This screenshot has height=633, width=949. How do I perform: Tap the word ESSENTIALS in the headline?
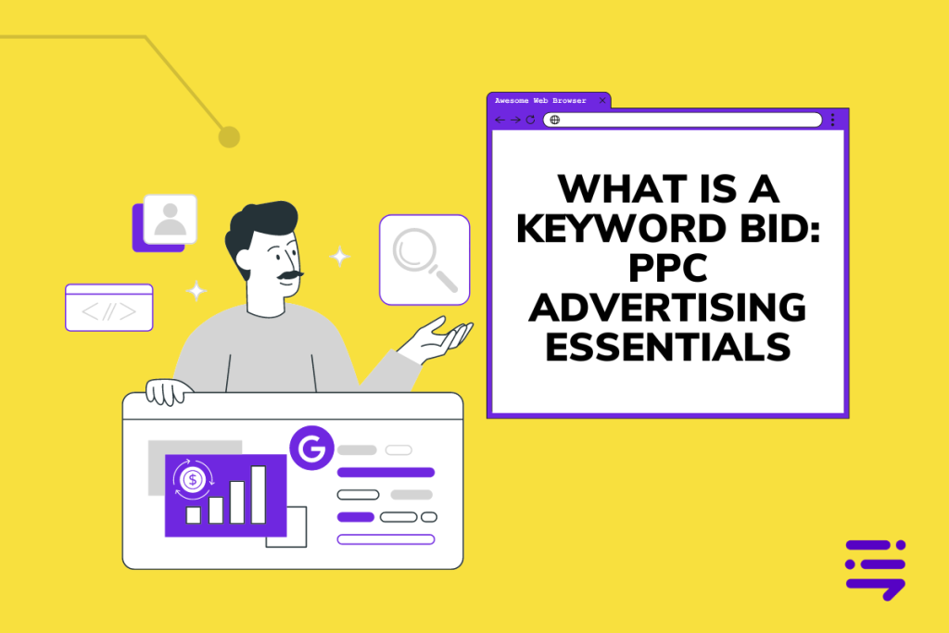[x=667, y=348]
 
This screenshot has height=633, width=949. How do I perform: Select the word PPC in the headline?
[x=667, y=269]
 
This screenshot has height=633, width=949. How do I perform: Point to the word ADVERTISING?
[x=667, y=308]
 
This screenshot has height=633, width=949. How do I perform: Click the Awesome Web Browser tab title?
[x=540, y=100]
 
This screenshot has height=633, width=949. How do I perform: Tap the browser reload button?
[x=531, y=120]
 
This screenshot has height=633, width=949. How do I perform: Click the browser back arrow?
[x=500, y=120]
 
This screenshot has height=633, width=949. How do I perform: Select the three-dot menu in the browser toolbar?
[x=832, y=120]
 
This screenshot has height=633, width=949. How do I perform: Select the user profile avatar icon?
[x=170, y=219]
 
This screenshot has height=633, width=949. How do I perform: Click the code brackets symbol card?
[x=108, y=308]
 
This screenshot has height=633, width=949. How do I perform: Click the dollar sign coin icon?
[x=193, y=479]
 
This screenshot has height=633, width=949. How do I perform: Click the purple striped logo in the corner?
[x=875, y=568]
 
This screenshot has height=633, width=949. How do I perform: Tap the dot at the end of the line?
[x=229, y=137]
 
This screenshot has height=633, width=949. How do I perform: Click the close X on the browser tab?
[x=602, y=100]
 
